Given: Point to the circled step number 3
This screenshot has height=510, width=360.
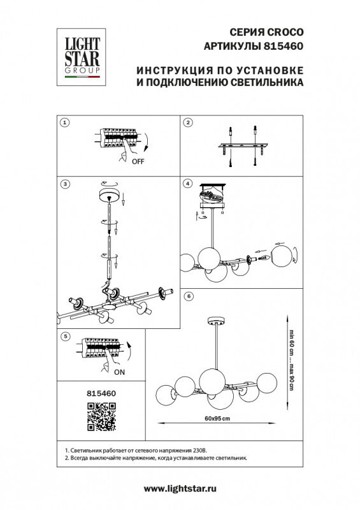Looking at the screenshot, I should click(x=64, y=184).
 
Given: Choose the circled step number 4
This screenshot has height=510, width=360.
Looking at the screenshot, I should click(x=187, y=184).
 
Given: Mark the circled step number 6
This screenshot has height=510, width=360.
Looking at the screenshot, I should click(x=187, y=296).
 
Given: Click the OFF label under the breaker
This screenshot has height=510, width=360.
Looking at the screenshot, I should click(x=138, y=162).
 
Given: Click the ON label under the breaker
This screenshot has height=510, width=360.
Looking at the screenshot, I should click(x=120, y=371).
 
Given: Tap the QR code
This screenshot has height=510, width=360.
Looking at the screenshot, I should click(x=100, y=418).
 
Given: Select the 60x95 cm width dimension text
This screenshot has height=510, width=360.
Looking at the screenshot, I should click(x=216, y=418).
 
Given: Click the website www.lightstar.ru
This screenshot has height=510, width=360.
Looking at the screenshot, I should click(x=180, y=488).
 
